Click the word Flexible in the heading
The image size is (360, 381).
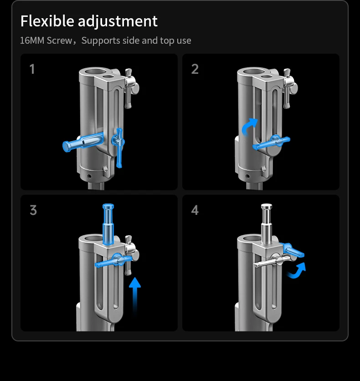pyautogui.click(x=47, y=21)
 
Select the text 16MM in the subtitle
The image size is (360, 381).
pyautogui.click(x=32, y=41)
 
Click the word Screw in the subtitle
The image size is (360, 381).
pyautogui.click(x=59, y=41)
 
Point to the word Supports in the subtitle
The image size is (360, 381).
pyautogui.click(x=101, y=41)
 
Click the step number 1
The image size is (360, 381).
pyautogui.click(x=32, y=69)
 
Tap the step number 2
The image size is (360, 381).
pyautogui.click(x=195, y=69)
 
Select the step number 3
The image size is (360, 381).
pyautogui.click(x=33, y=210)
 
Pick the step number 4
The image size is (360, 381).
pyautogui.click(x=195, y=210)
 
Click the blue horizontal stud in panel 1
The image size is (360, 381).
pyautogui.click(x=82, y=142)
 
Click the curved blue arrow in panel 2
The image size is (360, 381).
pyautogui.click(x=249, y=127)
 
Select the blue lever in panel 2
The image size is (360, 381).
pyautogui.click(x=272, y=142)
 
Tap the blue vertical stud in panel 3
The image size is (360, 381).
pyautogui.click(x=108, y=224)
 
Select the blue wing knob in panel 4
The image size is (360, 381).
pyautogui.click(x=293, y=250)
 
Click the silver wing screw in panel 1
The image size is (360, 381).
pyautogui.click(x=130, y=88)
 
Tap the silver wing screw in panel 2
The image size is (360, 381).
pyautogui.click(x=288, y=88)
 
